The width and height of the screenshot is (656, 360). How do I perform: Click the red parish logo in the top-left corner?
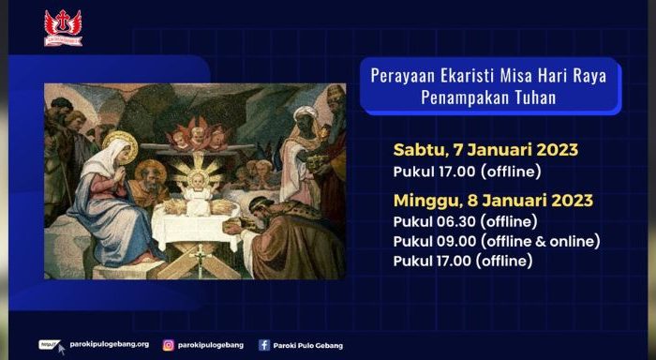pos(63,27)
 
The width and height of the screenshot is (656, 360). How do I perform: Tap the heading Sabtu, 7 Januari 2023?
pos(485,149)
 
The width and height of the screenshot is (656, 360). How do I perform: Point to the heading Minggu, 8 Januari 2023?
pos(493,201)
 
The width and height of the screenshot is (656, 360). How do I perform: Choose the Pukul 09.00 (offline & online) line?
pos(497,241)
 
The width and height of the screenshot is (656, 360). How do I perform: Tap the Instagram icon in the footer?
pos(169,344)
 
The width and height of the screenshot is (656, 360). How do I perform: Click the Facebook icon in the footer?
pos(264,344)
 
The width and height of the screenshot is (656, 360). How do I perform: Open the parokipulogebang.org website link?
pos(109,344)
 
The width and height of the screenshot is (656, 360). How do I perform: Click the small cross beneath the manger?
pos(198,255)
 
